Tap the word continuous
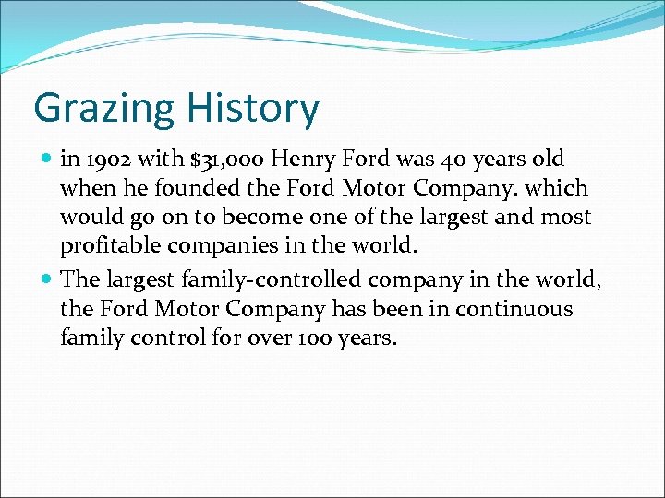coord(513,308)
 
